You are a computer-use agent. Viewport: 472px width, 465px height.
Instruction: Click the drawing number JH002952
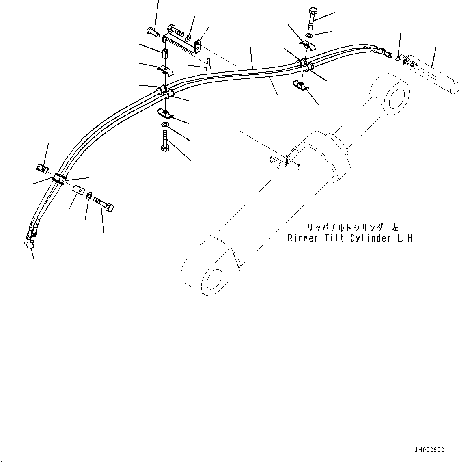pyautogui.click(x=429, y=450)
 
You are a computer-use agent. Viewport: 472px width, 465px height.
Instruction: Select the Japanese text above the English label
pyautogui.click(x=351, y=228)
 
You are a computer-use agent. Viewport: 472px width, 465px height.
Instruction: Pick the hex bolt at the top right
pyautogui.click(x=311, y=18)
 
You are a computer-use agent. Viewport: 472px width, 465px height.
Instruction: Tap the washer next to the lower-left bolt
pyautogui.click(x=89, y=195)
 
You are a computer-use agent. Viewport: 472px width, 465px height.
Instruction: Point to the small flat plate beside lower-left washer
pyautogui.click(x=78, y=189)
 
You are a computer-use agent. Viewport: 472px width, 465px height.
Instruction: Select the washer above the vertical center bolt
pyautogui.click(x=165, y=124)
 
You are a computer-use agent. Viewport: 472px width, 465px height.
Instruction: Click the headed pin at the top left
pyautogui.click(x=152, y=32)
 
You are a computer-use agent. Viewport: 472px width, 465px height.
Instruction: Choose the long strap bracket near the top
pyautogui.click(x=181, y=44)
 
